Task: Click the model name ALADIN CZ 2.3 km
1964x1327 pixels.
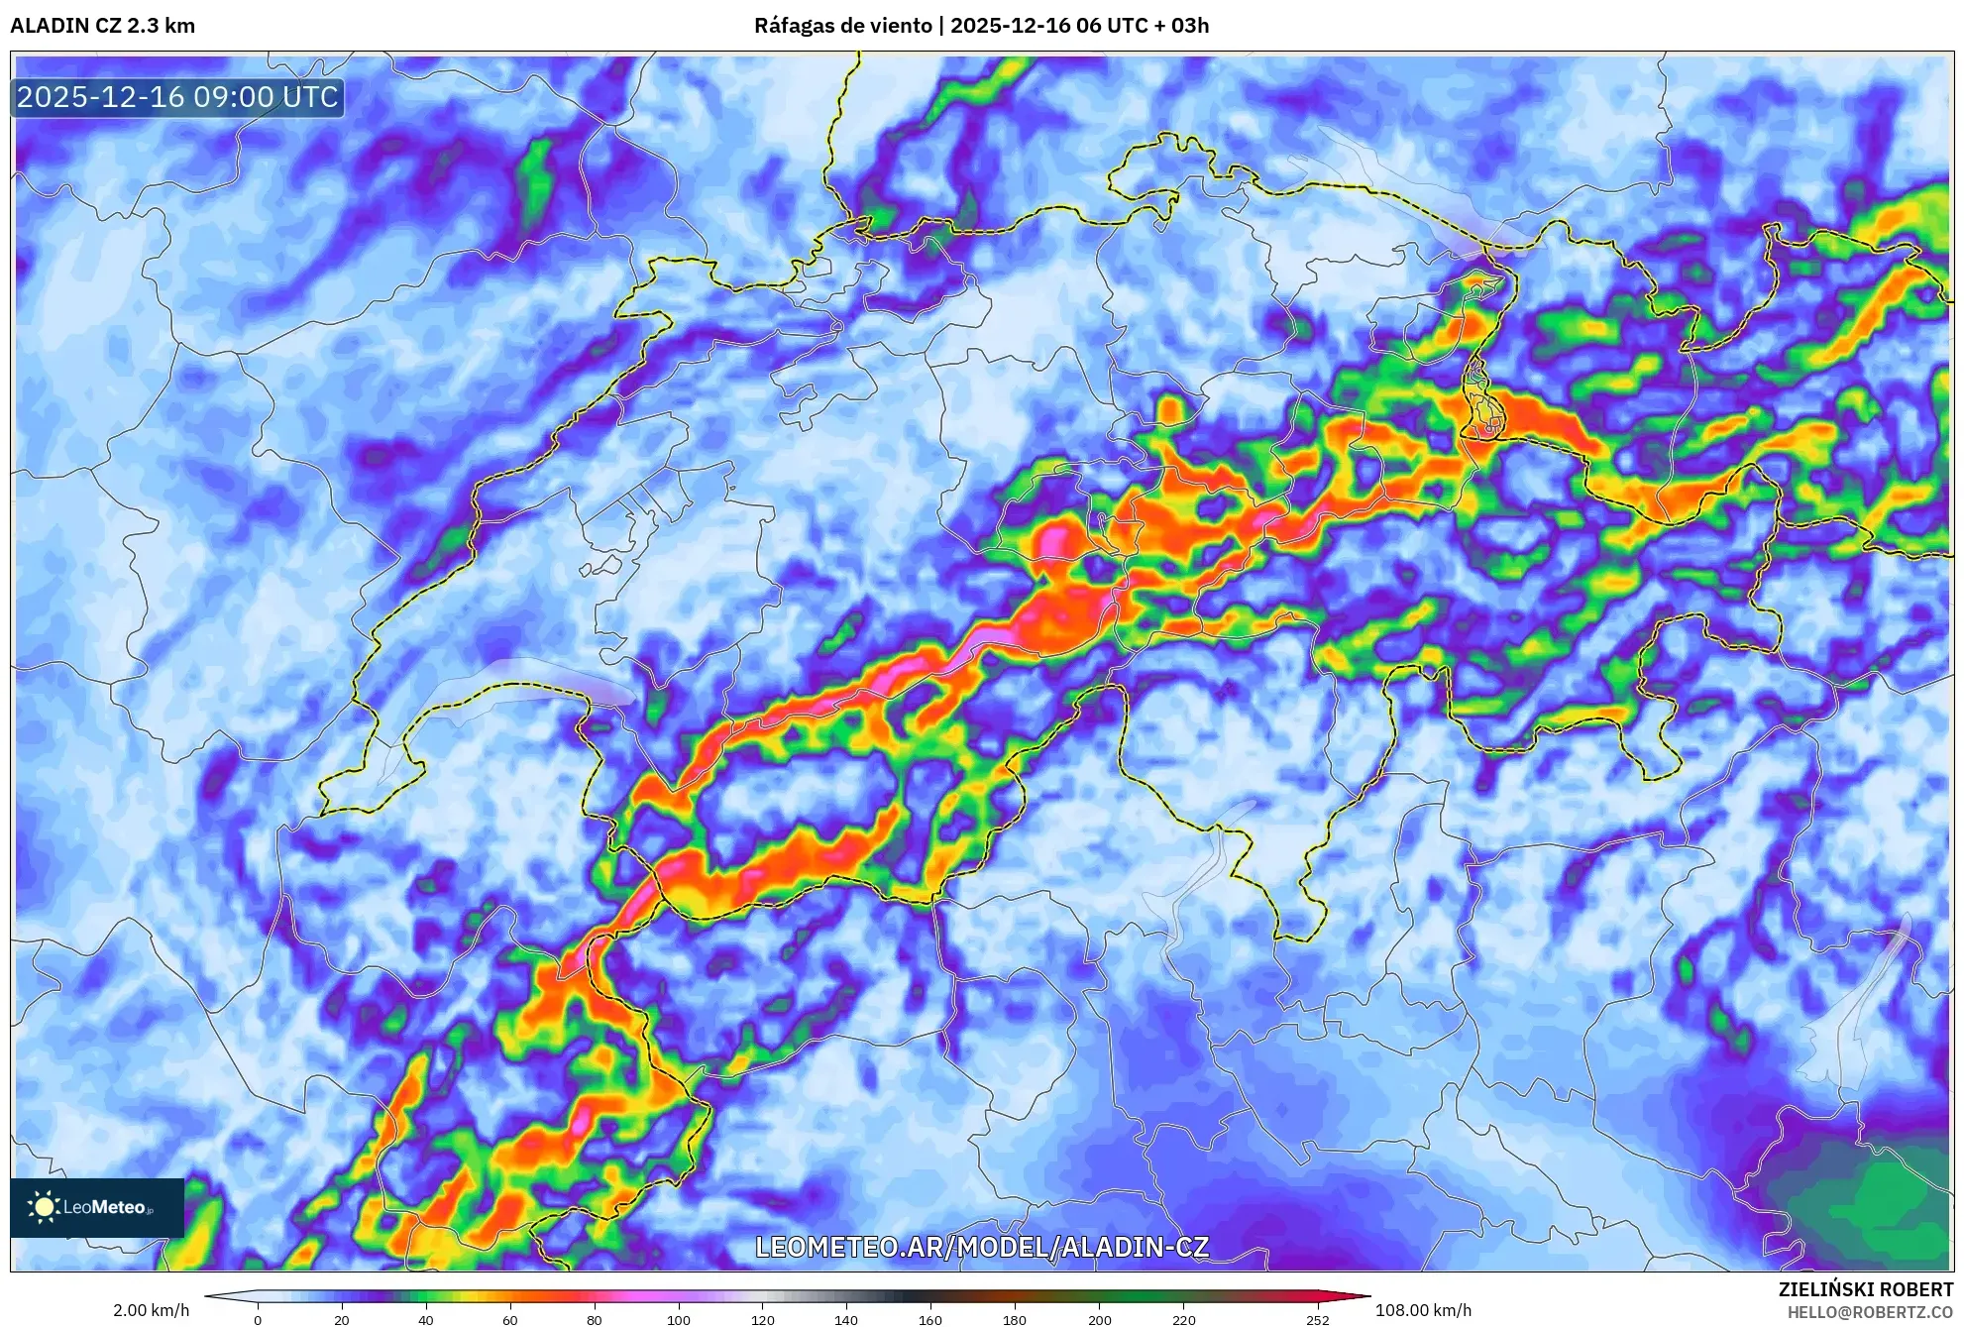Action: click(102, 26)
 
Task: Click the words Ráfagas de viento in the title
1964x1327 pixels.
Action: click(842, 26)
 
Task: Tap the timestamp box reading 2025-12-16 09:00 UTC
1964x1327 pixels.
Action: click(178, 97)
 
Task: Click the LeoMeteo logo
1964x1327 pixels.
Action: click(97, 1207)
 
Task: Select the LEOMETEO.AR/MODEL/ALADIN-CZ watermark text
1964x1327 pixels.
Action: click(981, 1247)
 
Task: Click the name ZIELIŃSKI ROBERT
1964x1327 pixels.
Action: click(1865, 1289)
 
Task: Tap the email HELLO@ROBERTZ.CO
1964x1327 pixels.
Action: click(1870, 1312)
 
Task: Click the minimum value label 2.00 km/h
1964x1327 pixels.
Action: click(151, 1310)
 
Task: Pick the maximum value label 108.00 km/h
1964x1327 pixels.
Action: click(1423, 1310)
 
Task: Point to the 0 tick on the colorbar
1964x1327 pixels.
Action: click(258, 1320)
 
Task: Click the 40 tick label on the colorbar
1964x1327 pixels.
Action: click(426, 1320)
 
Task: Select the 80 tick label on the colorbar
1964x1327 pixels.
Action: click(595, 1320)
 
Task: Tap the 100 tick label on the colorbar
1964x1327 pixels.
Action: click(679, 1320)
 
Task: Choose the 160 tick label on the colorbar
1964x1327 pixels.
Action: click(930, 1320)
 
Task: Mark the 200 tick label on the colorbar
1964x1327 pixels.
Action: click(1099, 1320)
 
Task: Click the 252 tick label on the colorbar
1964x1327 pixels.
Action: click(1318, 1320)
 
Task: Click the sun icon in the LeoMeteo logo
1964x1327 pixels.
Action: click(44, 1206)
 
